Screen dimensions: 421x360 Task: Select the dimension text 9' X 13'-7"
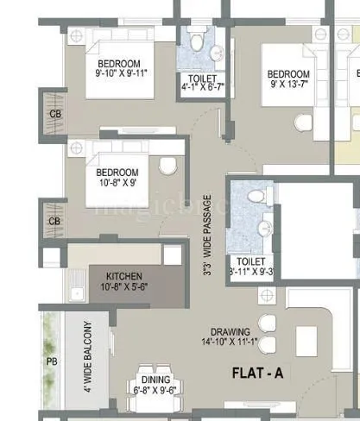click(287, 85)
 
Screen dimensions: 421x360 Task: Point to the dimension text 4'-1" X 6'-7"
click(202, 87)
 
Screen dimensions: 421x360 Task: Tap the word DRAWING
click(235, 331)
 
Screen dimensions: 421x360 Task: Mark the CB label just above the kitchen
click(54, 221)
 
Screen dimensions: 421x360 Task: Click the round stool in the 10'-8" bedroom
click(168, 166)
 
